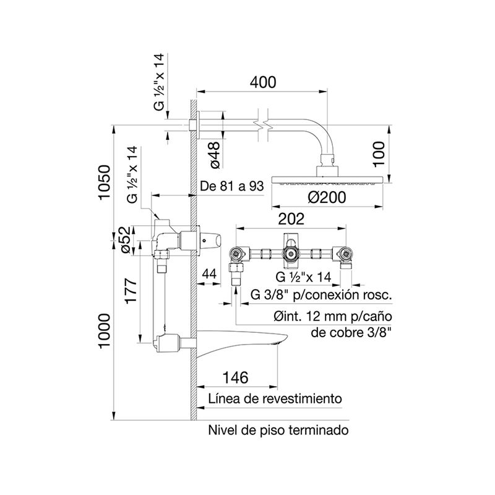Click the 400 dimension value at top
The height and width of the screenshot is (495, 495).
coord(263,82)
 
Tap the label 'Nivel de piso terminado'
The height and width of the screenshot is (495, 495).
coord(278,429)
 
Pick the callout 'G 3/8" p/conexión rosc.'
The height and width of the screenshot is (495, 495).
coord(322,295)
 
